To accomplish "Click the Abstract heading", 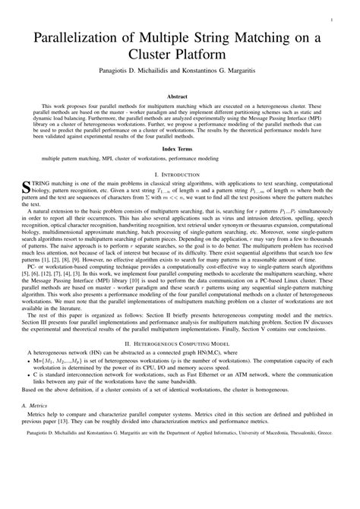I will [x=180, y=98].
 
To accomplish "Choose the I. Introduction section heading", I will [x=180, y=175].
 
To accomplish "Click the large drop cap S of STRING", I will [x=29, y=188].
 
